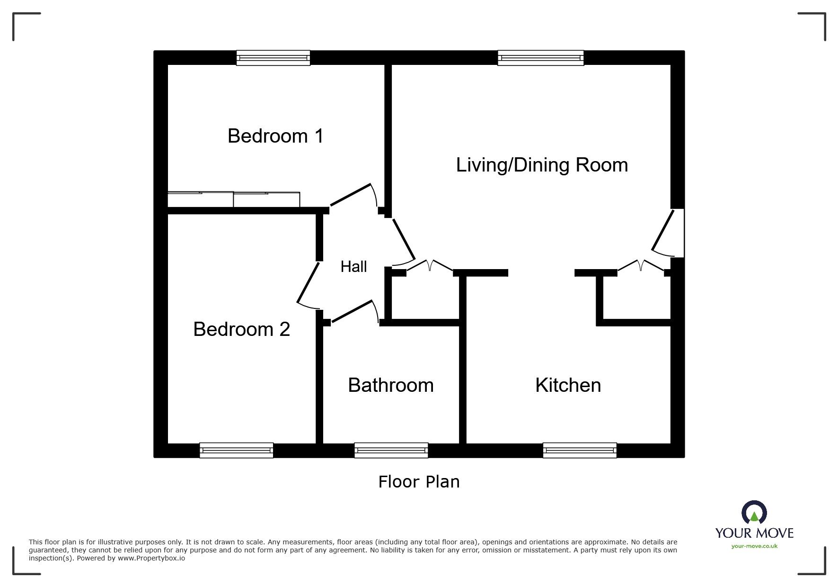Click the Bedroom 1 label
pos(275,136)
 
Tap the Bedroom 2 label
pos(241,329)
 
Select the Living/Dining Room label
pos(542,165)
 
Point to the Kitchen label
pos(568,385)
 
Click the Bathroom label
pos(391,385)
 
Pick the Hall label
pos(353,267)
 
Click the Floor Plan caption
pos(419,482)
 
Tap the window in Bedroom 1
pos(273,58)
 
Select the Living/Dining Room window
pos(540,58)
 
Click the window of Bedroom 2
pos(237,450)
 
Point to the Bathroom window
pos(391,450)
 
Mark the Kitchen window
pos(580,450)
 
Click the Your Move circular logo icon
pos(754,513)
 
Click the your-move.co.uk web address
pos(754,546)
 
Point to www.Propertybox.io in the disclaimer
pos(151,558)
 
